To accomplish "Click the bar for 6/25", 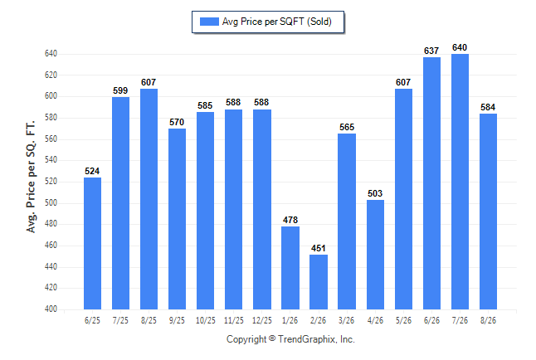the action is (x=92, y=243).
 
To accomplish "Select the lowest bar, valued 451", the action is (x=319, y=282).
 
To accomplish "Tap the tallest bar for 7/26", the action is (x=460, y=182).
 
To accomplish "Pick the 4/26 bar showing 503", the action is (x=375, y=255).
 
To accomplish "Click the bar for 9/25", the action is (x=177, y=219).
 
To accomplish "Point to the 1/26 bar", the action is (x=290, y=268).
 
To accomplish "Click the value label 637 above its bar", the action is (x=431, y=51).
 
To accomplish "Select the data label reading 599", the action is (x=120, y=90).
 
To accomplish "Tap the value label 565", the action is (x=347, y=127).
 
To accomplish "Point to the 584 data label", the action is (x=488, y=107).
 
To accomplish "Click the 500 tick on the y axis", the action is (x=51, y=202).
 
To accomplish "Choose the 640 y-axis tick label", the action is (x=51, y=54).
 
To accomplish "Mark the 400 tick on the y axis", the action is (x=51, y=309).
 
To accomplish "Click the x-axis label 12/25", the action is (x=262, y=321).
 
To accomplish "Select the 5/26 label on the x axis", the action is (x=403, y=321).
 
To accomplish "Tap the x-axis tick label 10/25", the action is (x=206, y=321).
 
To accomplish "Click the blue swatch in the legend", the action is (x=209, y=22).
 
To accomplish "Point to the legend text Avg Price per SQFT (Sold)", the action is (x=277, y=22).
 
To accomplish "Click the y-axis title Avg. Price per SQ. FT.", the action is (x=31, y=177).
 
